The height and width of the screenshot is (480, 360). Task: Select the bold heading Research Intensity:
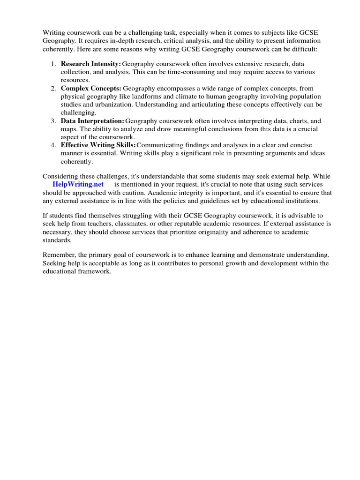tap(91, 64)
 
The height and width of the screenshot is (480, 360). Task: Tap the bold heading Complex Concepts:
tap(91, 88)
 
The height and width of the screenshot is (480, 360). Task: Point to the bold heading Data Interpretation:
tap(92, 121)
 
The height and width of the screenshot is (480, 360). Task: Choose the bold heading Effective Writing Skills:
tap(98, 145)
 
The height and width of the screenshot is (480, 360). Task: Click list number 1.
tap(53, 64)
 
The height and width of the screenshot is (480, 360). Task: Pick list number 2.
tap(53, 88)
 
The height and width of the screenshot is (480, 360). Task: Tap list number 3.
tap(53, 121)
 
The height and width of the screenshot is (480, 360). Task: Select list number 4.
tap(53, 145)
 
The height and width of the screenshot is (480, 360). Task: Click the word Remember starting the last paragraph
tap(59, 255)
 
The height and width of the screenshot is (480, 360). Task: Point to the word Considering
tap(60, 176)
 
